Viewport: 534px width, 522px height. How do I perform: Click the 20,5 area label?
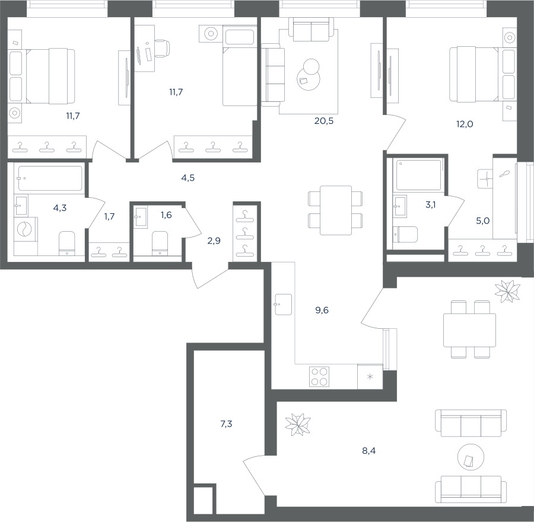click(x=323, y=121)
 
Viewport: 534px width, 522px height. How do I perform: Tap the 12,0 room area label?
click(x=465, y=124)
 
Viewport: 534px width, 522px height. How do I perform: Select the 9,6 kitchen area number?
click(x=322, y=310)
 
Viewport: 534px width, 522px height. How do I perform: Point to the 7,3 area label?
click(x=226, y=424)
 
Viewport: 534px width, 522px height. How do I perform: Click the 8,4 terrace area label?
click(x=369, y=451)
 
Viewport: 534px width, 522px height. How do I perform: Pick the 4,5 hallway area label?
click(x=187, y=178)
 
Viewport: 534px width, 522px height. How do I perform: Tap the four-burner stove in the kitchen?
click(x=319, y=376)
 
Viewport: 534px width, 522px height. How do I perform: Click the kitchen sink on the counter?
click(x=282, y=305)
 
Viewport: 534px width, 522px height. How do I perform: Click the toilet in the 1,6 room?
click(x=160, y=243)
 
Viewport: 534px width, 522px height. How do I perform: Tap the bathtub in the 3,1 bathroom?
click(x=419, y=175)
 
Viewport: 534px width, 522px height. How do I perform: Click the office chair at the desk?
click(x=162, y=48)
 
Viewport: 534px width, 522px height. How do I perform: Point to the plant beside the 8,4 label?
click(x=298, y=424)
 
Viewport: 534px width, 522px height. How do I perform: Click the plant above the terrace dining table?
click(x=507, y=291)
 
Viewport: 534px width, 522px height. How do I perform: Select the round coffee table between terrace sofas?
click(x=471, y=457)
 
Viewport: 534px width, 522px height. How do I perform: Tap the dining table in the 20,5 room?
click(x=336, y=210)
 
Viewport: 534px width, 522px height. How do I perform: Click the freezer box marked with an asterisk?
click(x=370, y=376)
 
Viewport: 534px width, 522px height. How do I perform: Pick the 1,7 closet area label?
click(x=109, y=216)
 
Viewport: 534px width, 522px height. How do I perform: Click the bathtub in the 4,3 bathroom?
click(x=50, y=178)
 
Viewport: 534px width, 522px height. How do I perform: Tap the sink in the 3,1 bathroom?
click(x=399, y=206)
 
